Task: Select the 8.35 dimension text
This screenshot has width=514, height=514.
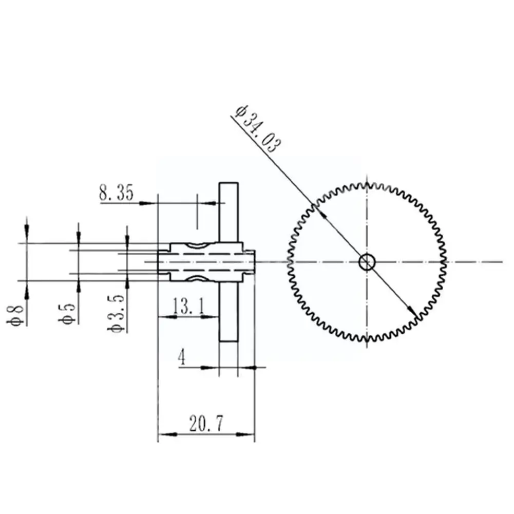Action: (117, 193)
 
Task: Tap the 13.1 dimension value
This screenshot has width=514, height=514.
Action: (188, 307)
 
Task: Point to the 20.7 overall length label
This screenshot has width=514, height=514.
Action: (206, 424)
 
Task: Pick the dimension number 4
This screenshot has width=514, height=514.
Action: (182, 357)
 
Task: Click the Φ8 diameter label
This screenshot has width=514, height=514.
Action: (15, 315)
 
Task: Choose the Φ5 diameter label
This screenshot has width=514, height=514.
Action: (67, 314)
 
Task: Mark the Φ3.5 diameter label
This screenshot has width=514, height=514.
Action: (116, 314)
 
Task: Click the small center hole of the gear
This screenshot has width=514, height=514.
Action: (367, 262)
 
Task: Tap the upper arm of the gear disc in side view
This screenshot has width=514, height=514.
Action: (229, 213)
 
